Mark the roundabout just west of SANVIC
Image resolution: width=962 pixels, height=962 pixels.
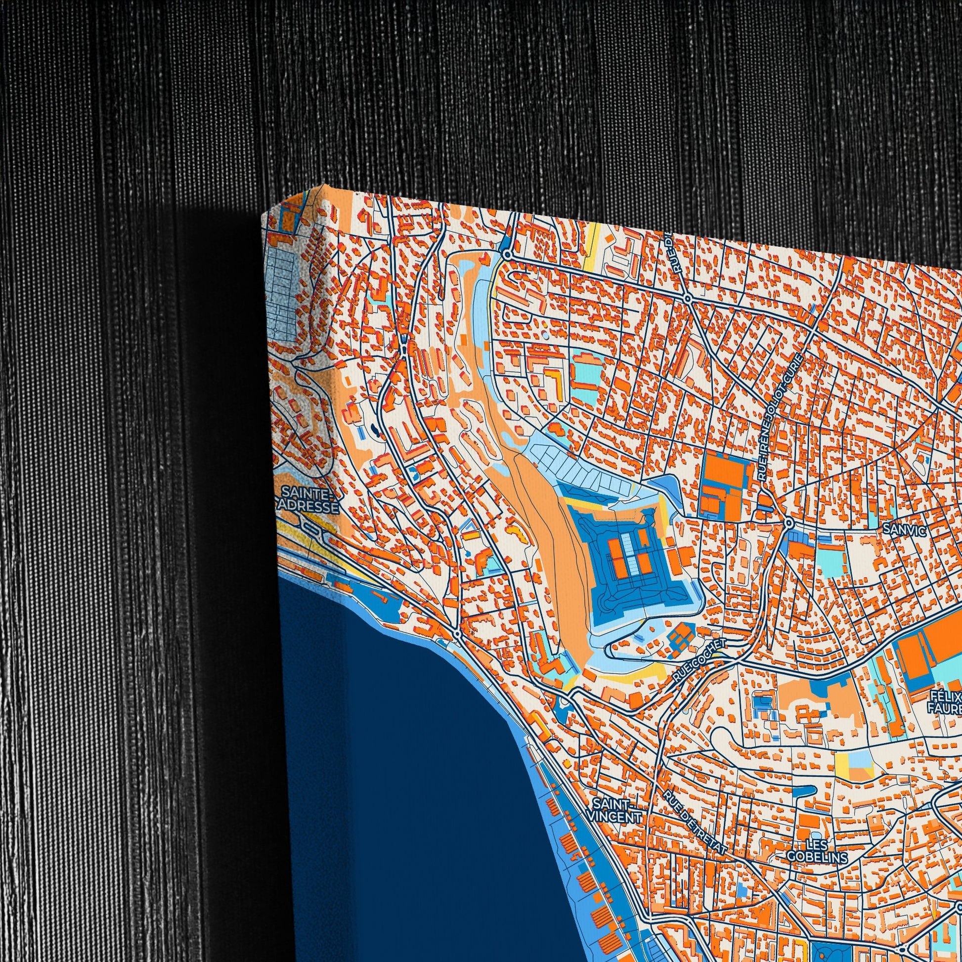(x=788, y=524)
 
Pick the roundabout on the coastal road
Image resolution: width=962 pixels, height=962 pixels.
(x=457, y=634)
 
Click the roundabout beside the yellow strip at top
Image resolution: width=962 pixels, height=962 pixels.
(x=507, y=255)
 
